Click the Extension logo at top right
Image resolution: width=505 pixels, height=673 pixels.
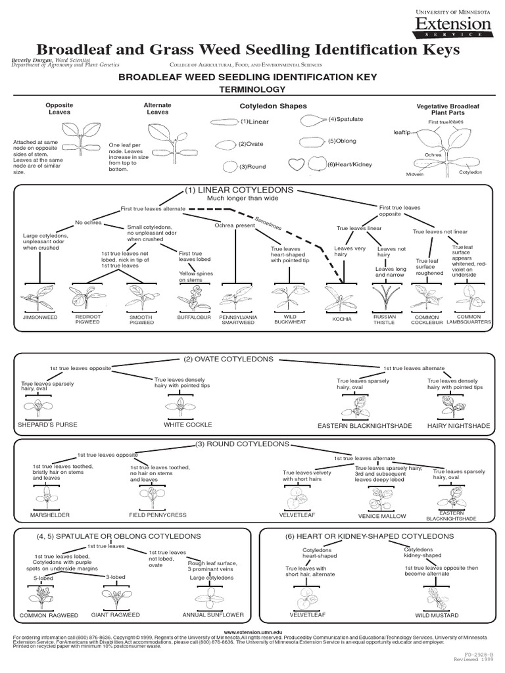click(452, 25)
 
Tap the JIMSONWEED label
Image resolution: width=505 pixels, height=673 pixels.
click(39, 317)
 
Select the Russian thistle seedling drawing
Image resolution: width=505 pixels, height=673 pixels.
click(385, 293)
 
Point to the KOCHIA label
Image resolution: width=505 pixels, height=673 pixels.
click(342, 319)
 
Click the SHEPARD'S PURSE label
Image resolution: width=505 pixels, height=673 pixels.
click(48, 425)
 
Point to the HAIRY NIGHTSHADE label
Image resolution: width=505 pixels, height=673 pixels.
click(459, 426)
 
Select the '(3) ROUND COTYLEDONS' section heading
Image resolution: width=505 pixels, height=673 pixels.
click(252, 444)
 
